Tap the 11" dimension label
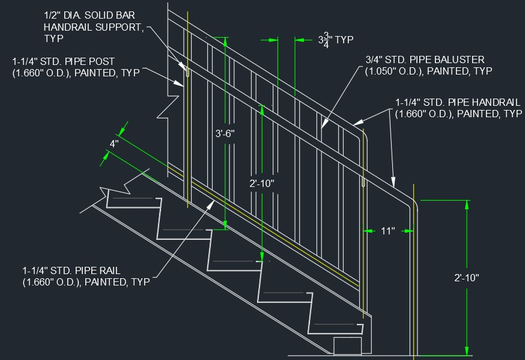click(388, 230)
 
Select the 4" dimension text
click(114, 144)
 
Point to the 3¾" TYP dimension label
click(335, 40)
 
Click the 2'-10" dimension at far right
click(466, 278)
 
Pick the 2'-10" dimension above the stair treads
click(262, 183)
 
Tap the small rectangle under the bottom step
click(348, 346)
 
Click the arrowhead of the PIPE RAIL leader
click(211, 203)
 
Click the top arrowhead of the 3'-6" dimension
click(226, 41)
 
